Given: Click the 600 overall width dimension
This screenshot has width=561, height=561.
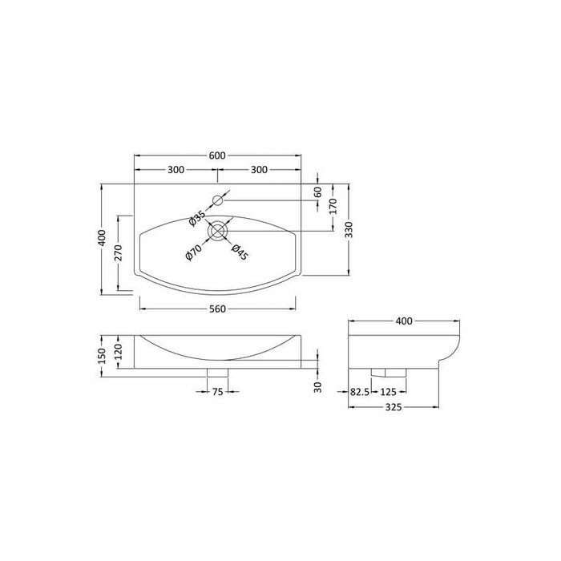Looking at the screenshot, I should tap(217, 155).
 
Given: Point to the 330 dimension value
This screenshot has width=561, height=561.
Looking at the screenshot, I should tap(350, 232).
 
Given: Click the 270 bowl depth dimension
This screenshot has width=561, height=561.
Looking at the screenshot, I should tap(118, 252).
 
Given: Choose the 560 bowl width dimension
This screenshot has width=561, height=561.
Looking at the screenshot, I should tap(217, 309).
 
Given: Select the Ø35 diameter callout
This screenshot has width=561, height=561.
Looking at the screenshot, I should tap(198, 216).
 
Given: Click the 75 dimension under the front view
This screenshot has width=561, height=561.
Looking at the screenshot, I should tap(217, 392).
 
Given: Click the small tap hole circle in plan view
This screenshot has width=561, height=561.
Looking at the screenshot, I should tap(218, 200).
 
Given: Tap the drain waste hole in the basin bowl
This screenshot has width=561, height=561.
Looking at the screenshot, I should tap(218, 232).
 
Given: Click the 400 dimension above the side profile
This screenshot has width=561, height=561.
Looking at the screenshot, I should tap(404, 321).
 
